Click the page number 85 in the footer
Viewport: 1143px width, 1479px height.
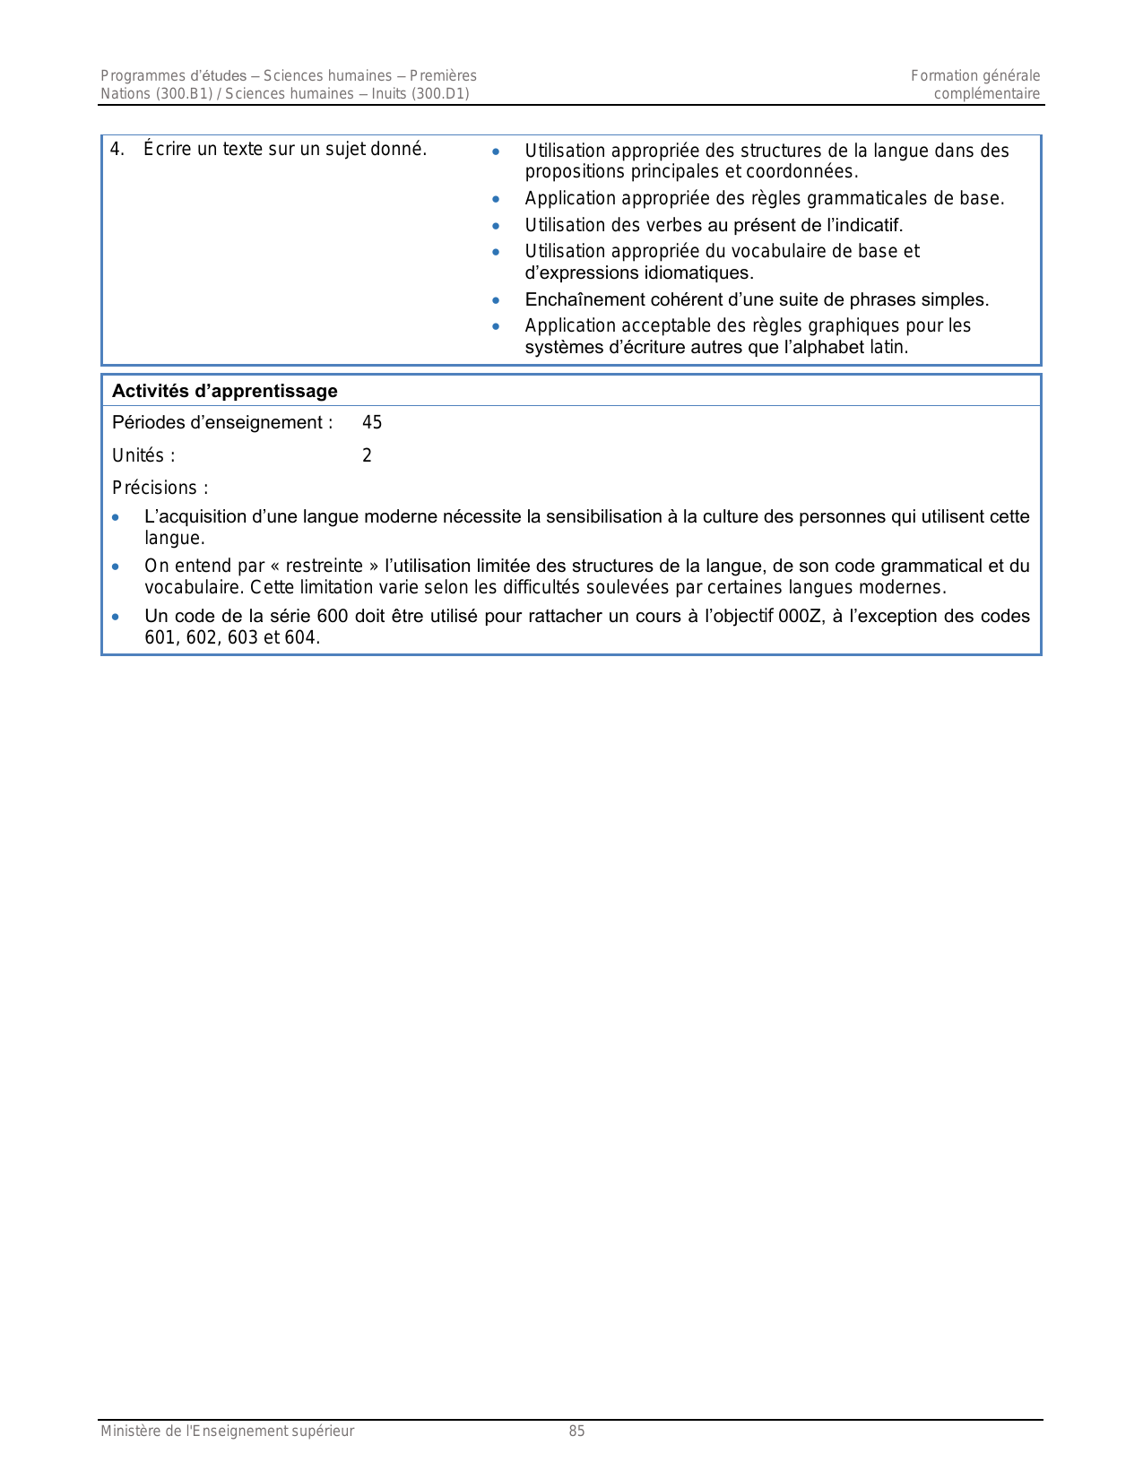[x=576, y=1431]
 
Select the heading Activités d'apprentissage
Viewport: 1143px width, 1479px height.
[x=224, y=391]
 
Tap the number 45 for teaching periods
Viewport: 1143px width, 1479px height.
[x=372, y=422]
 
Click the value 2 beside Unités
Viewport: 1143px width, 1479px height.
[x=367, y=455]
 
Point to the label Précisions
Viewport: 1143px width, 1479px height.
[x=160, y=488]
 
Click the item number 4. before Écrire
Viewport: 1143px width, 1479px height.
[x=117, y=149]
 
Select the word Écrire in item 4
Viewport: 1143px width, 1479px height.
[x=167, y=149]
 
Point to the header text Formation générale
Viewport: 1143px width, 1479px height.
[x=975, y=76]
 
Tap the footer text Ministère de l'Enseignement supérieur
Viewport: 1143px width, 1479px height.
[x=227, y=1431]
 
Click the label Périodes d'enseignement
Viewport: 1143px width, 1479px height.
[x=221, y=422]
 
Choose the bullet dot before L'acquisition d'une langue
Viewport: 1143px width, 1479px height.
[x=115, y=517]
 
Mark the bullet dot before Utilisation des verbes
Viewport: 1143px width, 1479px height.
[x=496, y=225]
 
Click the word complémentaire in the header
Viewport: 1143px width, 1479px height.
[x=987, y=94]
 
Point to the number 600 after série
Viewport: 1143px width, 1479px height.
[x=332, y=616]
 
